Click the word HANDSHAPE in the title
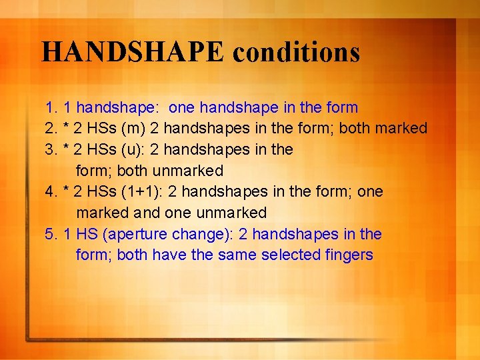133,52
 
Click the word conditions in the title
297,52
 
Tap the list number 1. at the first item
51,107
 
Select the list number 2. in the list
51,128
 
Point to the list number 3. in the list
51,149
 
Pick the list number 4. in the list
51,192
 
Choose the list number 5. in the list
51,234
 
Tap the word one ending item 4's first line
371,192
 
